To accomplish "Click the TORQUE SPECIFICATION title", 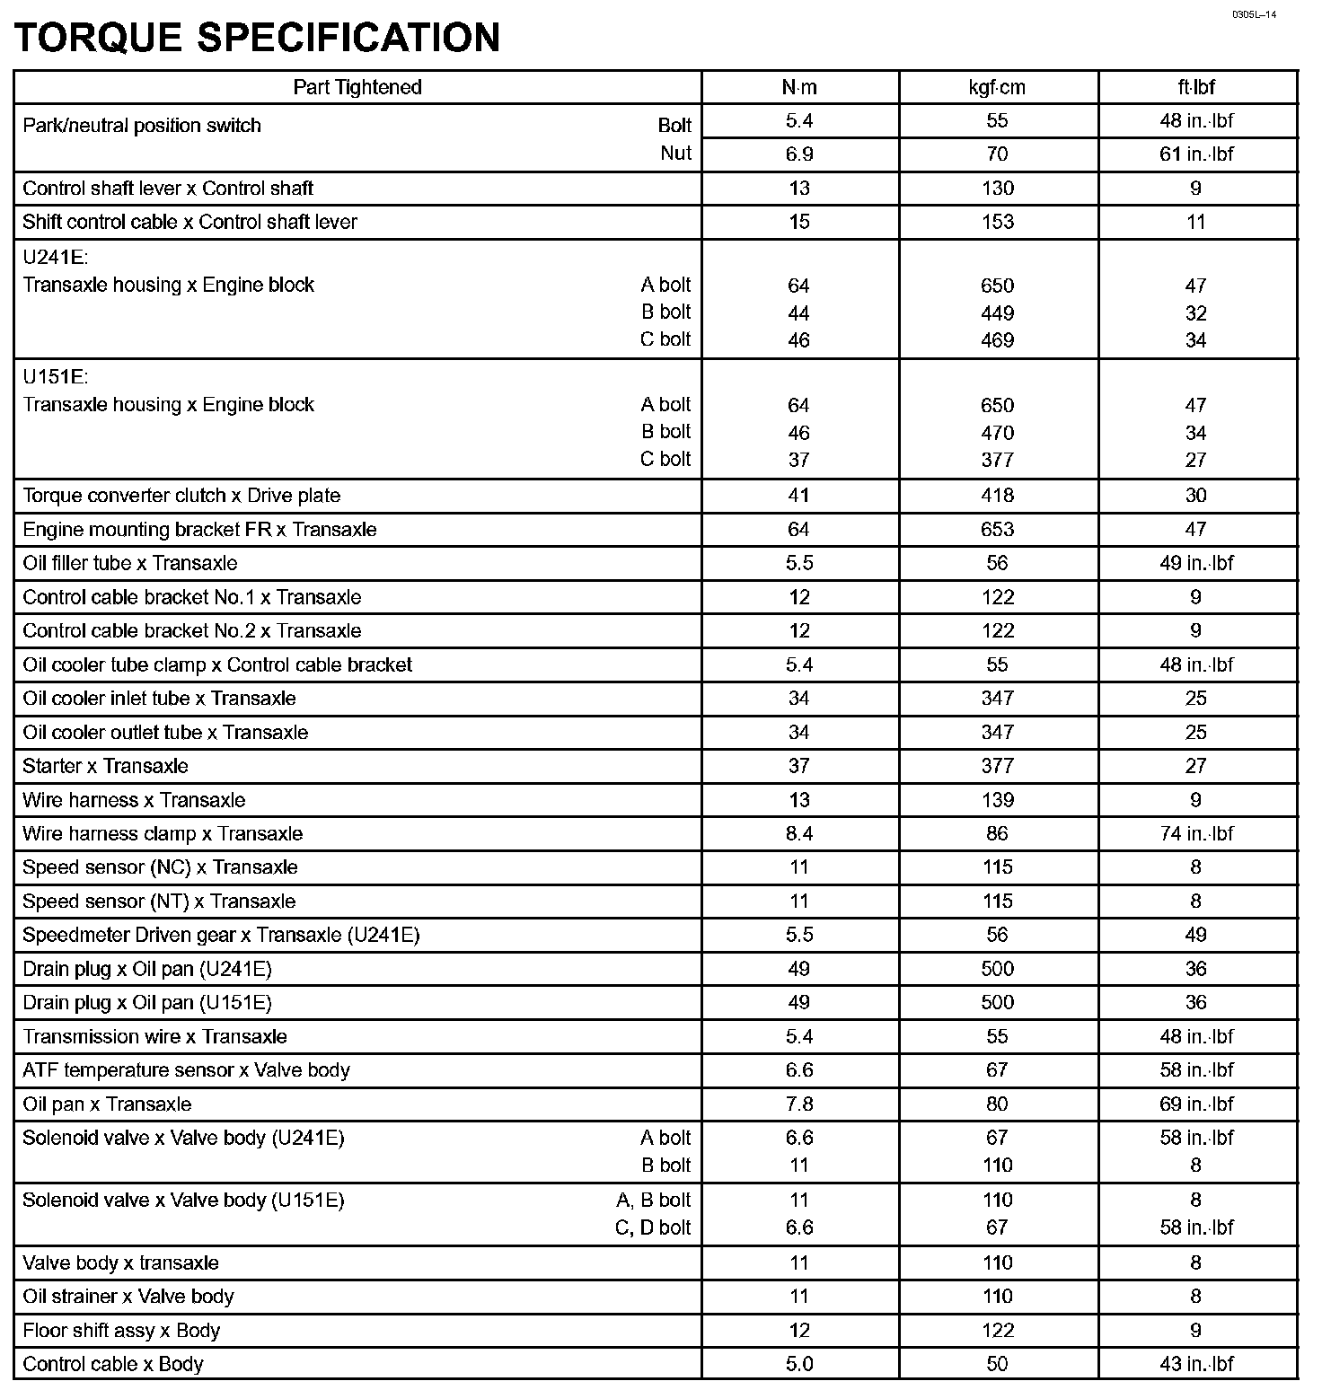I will click(x=257, y=38).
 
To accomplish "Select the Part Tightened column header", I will click(x=357, y=87).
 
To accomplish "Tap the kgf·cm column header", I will click(x=997, y=87).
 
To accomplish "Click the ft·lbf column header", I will click(x=1196, y=87).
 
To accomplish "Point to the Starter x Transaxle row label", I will click(x=105, y=766).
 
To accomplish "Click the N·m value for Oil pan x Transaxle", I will click(x=798, y=1104).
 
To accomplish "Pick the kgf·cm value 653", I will click(x=997, y=529).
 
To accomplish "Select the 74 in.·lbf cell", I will click(x=1196, y=833).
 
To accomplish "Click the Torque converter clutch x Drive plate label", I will click(x=181, y=495).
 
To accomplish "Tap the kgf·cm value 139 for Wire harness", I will click(x=997, y=799).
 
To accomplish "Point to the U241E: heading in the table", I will click(x=56, y=258).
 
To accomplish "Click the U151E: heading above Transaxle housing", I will click(x=56, y=377).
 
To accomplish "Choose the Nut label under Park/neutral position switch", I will click(x=675, y=154).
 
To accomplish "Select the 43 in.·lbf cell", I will click(x=1196, y=1364).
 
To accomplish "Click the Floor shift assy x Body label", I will click(x=121, y=1330).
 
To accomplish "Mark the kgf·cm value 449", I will click(x=997, y=313).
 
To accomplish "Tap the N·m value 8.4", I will click(x=798, y=833).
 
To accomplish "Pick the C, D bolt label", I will click(x=653, y=1227).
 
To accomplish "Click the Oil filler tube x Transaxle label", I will click(x=130, y=563).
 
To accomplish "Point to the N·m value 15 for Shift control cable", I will click(x=798, y=222).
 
